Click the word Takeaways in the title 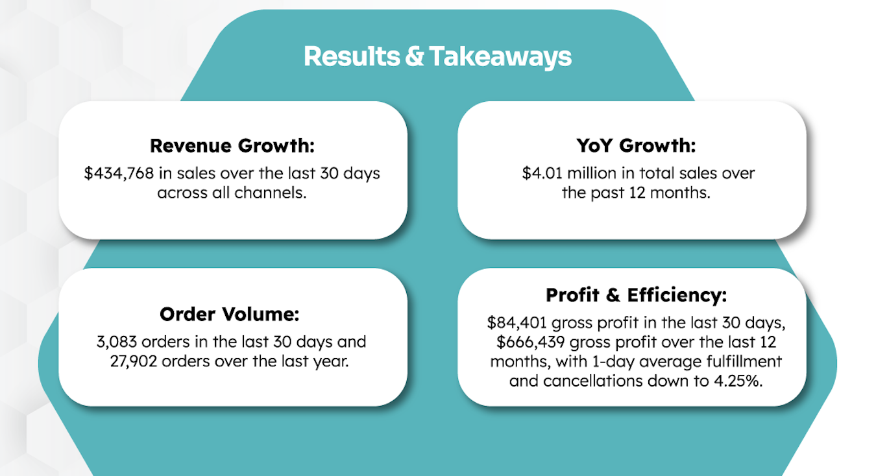coord(500,57)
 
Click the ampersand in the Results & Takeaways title coord(414,56)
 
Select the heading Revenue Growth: coord(232,146)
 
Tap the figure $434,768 coord(119,174)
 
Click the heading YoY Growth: coord(636,145)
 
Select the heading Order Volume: coord(230,315)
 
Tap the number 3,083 coord(117,342)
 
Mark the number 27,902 coord(134,361)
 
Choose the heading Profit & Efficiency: coord(637,295)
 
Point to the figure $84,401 coord(517,323)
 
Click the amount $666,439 coord(531,342)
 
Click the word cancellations coord(593,381)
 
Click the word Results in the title coord(352,56)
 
